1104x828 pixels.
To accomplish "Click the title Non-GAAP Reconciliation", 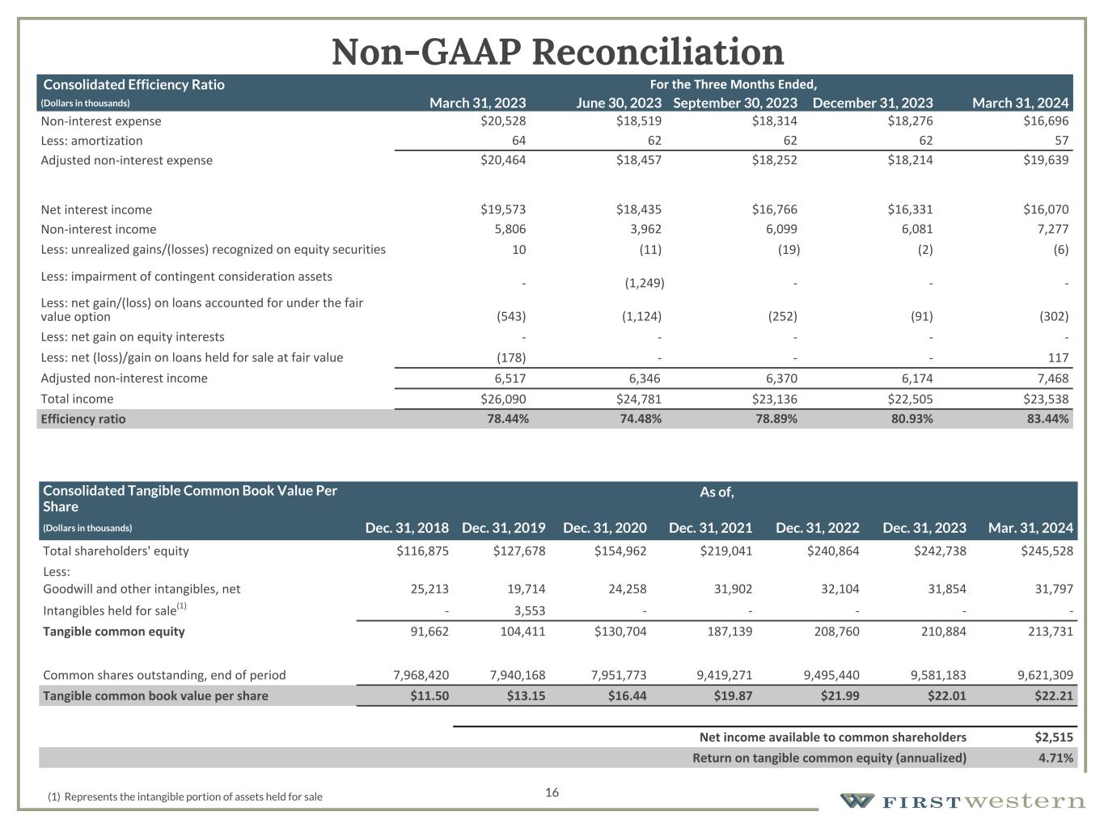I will (x=557, y=52).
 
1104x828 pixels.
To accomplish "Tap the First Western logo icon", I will (x=857, y=801).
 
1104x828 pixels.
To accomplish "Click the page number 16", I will (x=552, y=792).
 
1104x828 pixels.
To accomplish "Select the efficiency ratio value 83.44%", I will (x=1046, y=419).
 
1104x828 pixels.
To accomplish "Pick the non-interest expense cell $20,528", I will (x=503, y=121).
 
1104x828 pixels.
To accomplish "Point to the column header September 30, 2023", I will (x=735, y=103).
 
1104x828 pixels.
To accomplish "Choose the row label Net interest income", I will (x=96, y=209).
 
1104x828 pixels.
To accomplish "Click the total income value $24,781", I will (x=638, y=399).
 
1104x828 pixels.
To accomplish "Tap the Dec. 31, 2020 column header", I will (x=604, y=528).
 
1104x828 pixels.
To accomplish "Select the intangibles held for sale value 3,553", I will (x=526, y=610).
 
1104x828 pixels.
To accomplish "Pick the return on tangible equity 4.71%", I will (x=1055, y=758).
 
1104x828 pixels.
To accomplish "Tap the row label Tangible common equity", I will (x=114, y=632).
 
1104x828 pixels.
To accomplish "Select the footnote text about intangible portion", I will (x=185, y=796).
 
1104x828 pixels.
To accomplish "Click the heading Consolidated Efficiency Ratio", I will (x=133, y=84).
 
